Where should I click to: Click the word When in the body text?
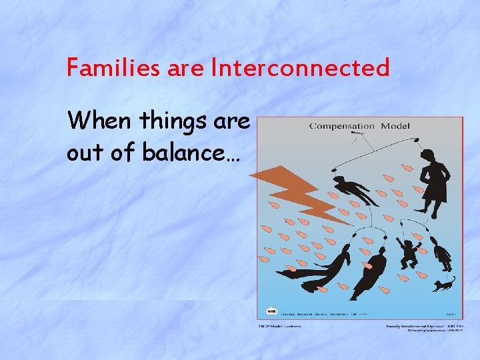99,121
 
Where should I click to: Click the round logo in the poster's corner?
271,311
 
